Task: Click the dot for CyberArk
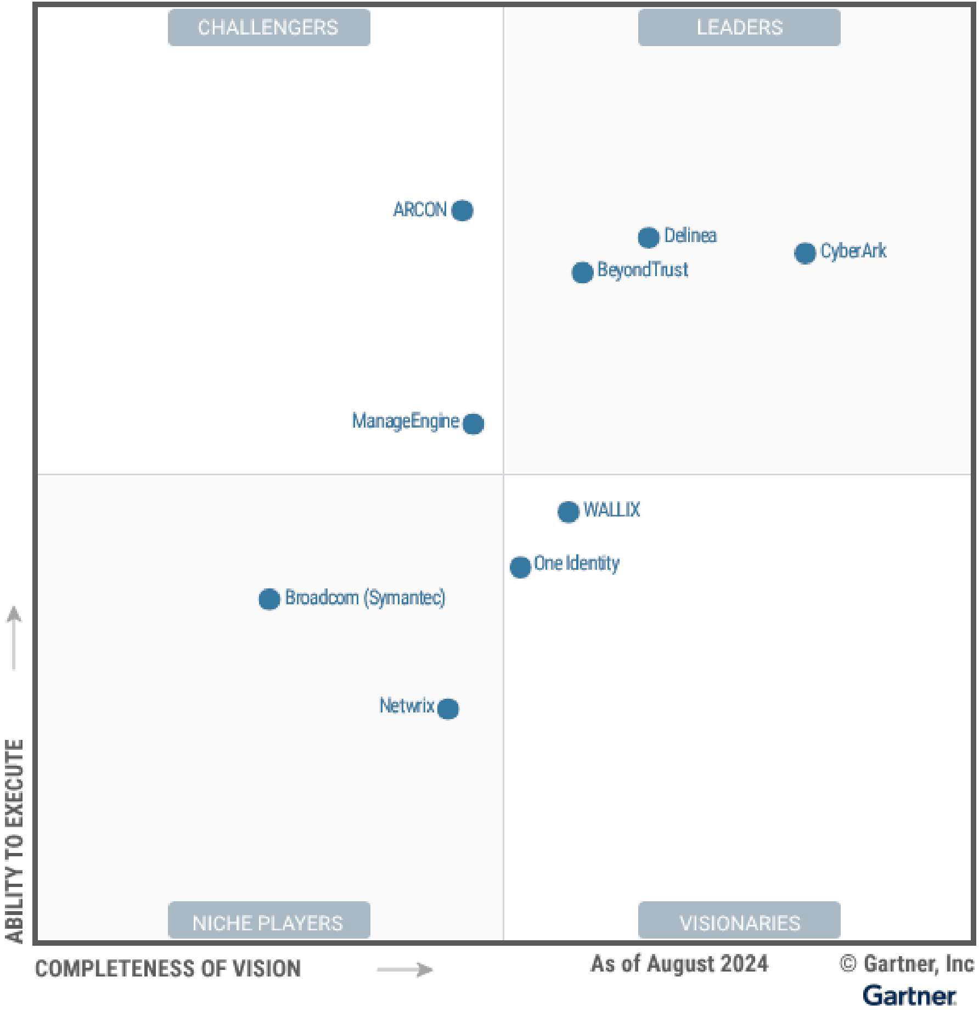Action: click(x=804, y=253)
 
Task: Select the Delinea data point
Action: click(x=648, y=238)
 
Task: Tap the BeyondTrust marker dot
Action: click(x=582, y=272)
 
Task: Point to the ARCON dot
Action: click(x=462, y=210)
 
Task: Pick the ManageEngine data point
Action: click(x=473, y=423)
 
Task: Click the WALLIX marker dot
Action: click(x=568, y=512)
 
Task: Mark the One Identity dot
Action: click(x=520, y=566)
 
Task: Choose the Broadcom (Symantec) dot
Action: click(x=269, y=599)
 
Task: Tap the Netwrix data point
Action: click(x=448, y=709)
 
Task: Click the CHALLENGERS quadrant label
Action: click(x=269, y=27)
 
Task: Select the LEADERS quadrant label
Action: click(x=739, y=27)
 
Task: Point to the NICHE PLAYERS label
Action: click(x=269, y=923)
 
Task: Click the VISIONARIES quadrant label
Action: click(x=739, y=923)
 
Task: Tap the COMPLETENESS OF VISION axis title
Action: click(x=168, y=969)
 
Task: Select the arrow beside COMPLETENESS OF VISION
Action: click(x=405, y=969)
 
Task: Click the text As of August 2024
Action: click(x=679, y=964)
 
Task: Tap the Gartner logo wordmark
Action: click(x=909, y=996)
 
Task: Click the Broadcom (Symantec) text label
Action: click(x=365, y=598)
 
